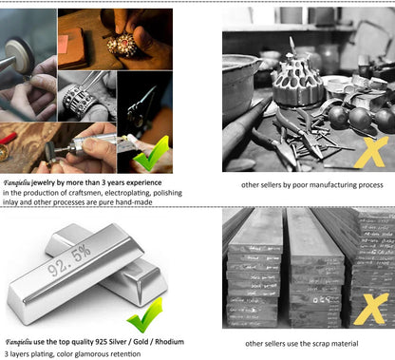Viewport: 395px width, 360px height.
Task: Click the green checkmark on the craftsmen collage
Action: [150, 154]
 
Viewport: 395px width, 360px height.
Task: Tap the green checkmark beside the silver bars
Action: [145, 315]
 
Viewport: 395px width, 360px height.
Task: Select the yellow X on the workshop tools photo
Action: [370, 153]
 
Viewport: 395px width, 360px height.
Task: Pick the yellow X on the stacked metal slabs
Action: [370, 309]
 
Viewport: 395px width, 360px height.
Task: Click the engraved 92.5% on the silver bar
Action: [69, 260]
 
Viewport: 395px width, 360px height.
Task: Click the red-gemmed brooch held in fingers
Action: [122, 45]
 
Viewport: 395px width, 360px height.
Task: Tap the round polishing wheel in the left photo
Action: [19, 56]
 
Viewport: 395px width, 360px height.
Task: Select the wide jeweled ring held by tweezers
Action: [79, 101]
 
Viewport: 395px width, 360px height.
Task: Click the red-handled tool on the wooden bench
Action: [8, 139]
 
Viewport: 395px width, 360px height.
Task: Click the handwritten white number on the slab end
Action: [322, 299]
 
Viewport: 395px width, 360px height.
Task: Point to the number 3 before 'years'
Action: [103, 182]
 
